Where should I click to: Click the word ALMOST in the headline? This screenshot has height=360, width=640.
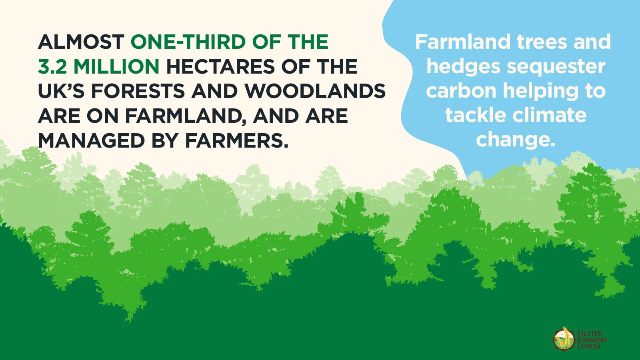[x=81, y=42]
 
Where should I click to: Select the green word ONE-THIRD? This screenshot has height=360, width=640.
[x=188, y=42]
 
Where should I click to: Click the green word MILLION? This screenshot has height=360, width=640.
[x=116, y=66]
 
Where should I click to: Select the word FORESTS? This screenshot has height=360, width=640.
[x=138, y=91]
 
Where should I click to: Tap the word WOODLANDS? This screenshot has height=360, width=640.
[x=315, y=91]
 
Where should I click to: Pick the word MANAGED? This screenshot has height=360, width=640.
[x=91, y=140]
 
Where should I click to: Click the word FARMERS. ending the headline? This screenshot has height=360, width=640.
[x=237, y=140]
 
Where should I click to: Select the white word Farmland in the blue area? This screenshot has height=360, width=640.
[x=463, y=42]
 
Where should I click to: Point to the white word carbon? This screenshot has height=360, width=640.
[x=462, y=91]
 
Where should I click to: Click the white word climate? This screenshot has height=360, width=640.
[x=549, y=116]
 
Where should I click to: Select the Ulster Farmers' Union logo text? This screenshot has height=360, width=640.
[x=592, y=340]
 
